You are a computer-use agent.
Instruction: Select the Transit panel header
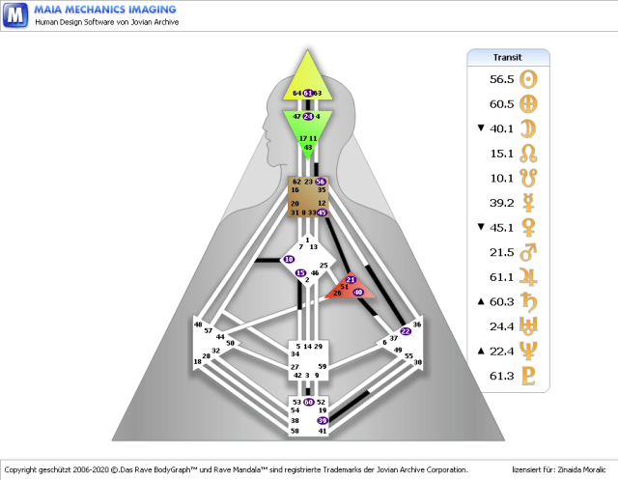coord(507,57)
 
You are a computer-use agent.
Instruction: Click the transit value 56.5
coord(499,79)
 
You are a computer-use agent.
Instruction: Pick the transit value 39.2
coord(499,204)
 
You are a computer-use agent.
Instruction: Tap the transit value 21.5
coord(499,254)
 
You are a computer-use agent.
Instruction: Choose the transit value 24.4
coord(499,326)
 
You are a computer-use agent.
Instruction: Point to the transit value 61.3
coord(499,377)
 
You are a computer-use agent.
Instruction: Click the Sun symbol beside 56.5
coord(528,79)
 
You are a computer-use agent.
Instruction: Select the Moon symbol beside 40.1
coord(528,128)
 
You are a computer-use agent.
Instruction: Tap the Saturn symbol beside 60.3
coord(528,302)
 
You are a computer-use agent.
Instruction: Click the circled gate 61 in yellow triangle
coord(308,93)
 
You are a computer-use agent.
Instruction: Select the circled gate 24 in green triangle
coord(308,116)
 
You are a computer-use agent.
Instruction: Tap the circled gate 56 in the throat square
coord(321,182)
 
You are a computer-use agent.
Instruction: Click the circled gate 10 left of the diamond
coord(289,260)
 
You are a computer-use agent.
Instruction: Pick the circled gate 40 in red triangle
coord(358,291)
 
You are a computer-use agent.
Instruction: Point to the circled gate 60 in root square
coord(308,402)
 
